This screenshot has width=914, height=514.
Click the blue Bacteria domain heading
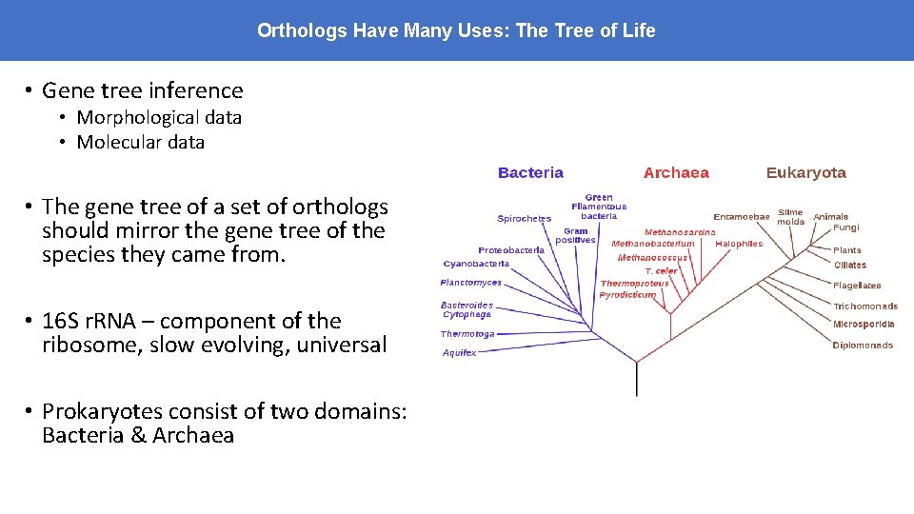coord(530,172)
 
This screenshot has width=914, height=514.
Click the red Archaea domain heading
coord(676,172)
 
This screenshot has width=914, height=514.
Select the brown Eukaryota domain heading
coord(805,172)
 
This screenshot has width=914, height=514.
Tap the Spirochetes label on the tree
coord(524,219)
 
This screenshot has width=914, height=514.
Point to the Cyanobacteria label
coord(476,264)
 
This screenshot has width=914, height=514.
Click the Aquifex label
coord(459,353)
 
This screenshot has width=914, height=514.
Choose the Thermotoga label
coord(467,334)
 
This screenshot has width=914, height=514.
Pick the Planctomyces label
coord(470,283)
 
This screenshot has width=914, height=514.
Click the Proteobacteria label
coord(511,250)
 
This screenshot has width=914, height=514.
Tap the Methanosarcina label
coord(680,232)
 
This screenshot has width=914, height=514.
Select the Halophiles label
coord(739,244)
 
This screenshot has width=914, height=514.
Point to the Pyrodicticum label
coord(627,295)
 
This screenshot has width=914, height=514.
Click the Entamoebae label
coord(741,217)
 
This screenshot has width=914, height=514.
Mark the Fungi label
coord(845,227)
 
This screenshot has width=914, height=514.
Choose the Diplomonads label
coord(863,346)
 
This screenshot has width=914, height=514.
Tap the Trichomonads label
coord(864,306)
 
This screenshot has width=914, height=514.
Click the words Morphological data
coord(159,117)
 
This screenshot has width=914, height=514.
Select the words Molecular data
coord(140,142)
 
